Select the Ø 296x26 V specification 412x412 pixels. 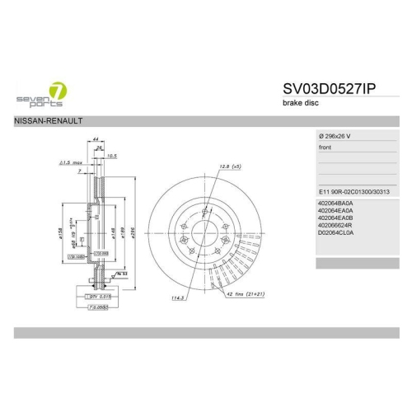[x=339, y=134]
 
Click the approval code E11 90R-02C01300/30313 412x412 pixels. [x=359, y=190]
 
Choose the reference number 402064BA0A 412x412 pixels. [x=335, y=203]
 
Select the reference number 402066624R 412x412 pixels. [x=335, y=224]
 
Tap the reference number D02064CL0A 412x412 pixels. [x=335, y=232]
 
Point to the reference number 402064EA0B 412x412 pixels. [x=335, y=217]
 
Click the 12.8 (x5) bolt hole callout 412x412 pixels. [x=230, y=167]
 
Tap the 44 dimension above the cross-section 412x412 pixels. [x=96, y=141]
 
